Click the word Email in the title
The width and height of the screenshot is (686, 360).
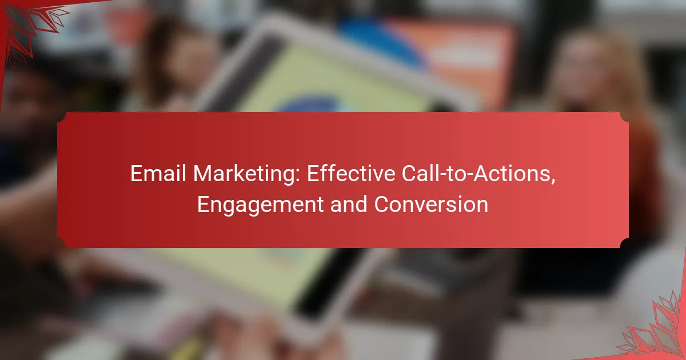click(x=158, y=174)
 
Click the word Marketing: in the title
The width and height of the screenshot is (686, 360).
click(x=246, y=175)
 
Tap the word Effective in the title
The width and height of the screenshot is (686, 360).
click(x=351, y=174)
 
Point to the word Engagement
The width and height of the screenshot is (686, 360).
click(x=260, y=206)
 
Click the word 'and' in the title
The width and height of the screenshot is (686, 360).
click(x=349, y=204)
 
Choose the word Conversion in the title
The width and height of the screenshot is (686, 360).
click(x=431, y=204)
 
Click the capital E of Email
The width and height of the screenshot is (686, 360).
click(x=136, y=174)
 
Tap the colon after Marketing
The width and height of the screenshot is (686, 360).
click(x=298, y=176)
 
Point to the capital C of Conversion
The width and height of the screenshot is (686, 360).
click(x=382, y=204)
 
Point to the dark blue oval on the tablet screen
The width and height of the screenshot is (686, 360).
click(x=309, y=104)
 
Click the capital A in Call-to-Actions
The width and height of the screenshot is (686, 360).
click(x=481, y=174)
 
